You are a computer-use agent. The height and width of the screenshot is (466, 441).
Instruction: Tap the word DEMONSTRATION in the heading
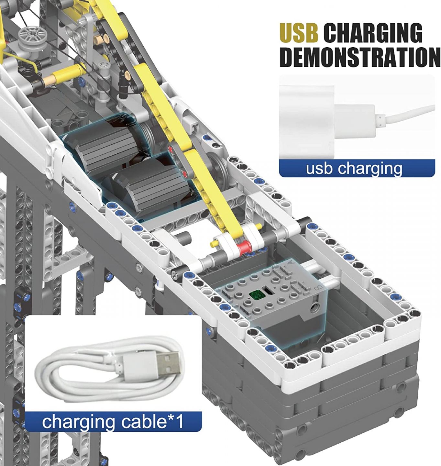(360, 57)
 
